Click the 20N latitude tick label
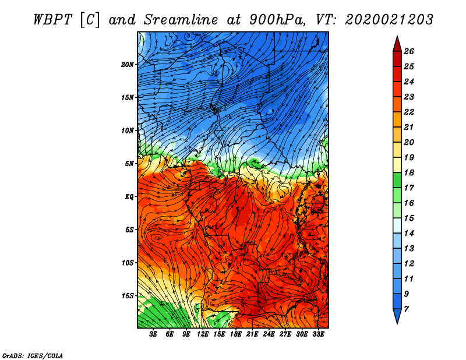[x=127, y=64]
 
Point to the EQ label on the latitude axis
[x=129, y=196]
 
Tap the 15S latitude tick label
[x=127, y=296]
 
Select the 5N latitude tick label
[x=129, y=164]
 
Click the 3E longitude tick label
[x=153, y=334]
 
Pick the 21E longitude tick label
[x=252, y=334]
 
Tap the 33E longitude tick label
[x=318, y=334]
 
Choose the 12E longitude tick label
[x=203, y=334]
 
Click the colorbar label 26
[x=409, y=51]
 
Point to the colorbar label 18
[x=409, y=172]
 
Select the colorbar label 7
[x=406, y=309]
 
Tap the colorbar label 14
[x=409, y=234]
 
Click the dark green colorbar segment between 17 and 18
[x=397, y=180]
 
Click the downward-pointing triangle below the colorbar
[x=397, y=315]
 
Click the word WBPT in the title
[x=52, y=20]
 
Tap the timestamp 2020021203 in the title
[x=389, y=20]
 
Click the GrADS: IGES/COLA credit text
[x=33, y=355]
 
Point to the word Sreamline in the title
[x=181, y=20]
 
